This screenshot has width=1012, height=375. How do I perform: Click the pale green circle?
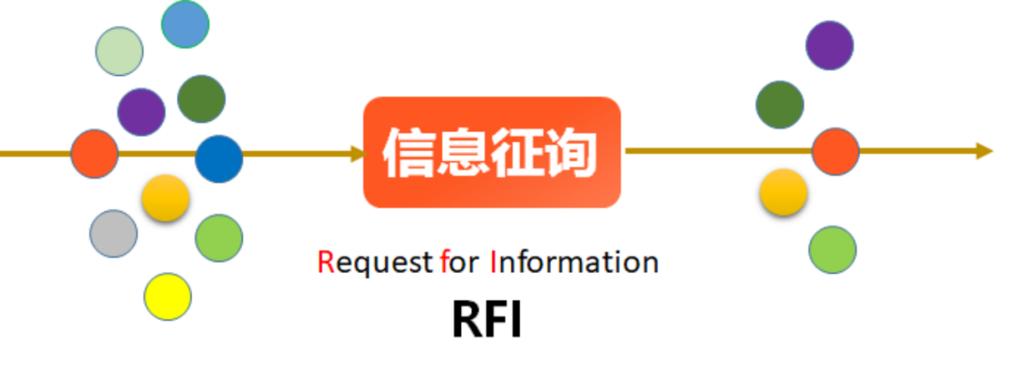[x=120, y=52]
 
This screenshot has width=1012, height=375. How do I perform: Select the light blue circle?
[x=185, y=24]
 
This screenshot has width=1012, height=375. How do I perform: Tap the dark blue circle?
[x=219, y=159]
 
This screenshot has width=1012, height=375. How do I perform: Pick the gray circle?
[x=113, y=233]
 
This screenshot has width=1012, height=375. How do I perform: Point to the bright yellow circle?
[x=168, y=296]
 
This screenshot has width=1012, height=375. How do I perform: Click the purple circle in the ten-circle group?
[x=141, y=112]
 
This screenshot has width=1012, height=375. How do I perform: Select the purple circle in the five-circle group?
[x=829, y=45]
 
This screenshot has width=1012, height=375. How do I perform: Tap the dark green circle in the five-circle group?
[x=780, y=104]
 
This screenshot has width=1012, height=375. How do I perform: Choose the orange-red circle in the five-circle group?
[x=835, y=152]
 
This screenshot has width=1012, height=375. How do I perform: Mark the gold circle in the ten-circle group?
[x=166, y=198]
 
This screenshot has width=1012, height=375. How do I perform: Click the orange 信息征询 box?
[x=492, y=152]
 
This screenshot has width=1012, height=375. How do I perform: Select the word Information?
[x=573, y=262]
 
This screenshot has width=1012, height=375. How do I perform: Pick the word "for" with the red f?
[x=459, y=262]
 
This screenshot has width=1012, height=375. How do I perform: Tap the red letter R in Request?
[x=326, y=262]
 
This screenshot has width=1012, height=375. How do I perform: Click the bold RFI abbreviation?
[x=486, y=320]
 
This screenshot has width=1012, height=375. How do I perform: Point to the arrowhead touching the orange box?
[x=356, y=153]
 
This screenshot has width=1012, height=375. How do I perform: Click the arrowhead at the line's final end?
[x=983, y=151]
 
